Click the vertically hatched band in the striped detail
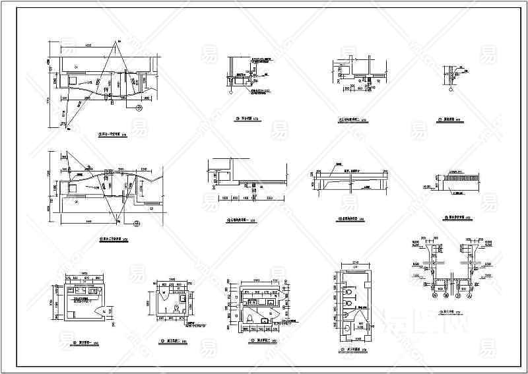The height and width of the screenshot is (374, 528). pyautogui.click(x=456, y=177)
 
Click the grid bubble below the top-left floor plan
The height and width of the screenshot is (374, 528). pyautogui.click(x=139, y=107)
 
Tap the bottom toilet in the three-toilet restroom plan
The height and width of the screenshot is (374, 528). pyautogui.click(x=348, y=325)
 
